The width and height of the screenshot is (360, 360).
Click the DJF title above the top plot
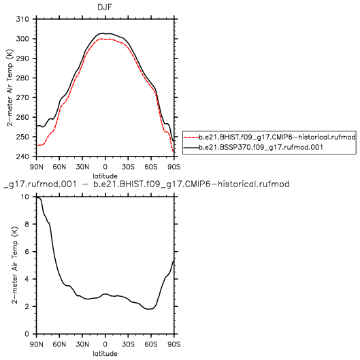click(105, 7)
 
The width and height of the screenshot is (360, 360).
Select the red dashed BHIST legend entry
click(269, 137)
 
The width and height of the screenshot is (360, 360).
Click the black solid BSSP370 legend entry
click(253, 147)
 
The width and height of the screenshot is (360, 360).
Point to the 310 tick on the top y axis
click(22, 19)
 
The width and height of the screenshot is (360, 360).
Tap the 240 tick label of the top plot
click(22, 157)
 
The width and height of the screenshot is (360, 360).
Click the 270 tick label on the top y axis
click(22, 98)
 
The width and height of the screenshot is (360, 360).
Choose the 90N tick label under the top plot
click(37, 167)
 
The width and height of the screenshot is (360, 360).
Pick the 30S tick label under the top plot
click(128, 167)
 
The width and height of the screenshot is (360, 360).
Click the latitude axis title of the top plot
click(105, 176)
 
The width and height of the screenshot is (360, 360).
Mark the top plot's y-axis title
click(10, 88)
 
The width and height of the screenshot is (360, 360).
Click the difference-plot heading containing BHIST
click(146, 184)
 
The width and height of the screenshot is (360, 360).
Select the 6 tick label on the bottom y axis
click(27, 252)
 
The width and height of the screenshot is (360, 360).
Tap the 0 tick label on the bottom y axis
click(27, 334)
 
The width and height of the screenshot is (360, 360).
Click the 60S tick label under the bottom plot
click(151, 344)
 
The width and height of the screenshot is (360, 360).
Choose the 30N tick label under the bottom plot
click(82, 344)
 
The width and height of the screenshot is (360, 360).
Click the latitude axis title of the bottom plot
click(105, 354)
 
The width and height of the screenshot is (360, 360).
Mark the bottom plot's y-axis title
click(14, 265)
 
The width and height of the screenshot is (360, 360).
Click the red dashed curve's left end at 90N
click(37, 146)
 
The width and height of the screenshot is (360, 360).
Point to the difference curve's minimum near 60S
click(149, 309)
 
